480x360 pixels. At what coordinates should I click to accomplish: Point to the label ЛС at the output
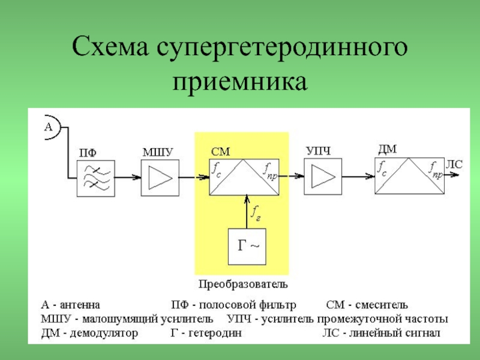click(454, 164)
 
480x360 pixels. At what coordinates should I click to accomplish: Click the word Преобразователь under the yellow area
click(243, 284)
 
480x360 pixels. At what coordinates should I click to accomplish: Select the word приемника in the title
click(239, 82)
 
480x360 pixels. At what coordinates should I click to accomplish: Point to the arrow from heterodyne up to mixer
click(247, 212)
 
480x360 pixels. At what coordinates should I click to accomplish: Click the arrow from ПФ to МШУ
click(128, 177)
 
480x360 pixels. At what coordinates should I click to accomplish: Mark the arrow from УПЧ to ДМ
click(358, 176)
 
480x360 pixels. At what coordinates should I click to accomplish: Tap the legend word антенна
click(80, 305)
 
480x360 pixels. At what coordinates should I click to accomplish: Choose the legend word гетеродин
click(215, 333)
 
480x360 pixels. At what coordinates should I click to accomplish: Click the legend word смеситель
click(382, 305)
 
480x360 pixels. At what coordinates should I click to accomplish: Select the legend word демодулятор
click(104, 333)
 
